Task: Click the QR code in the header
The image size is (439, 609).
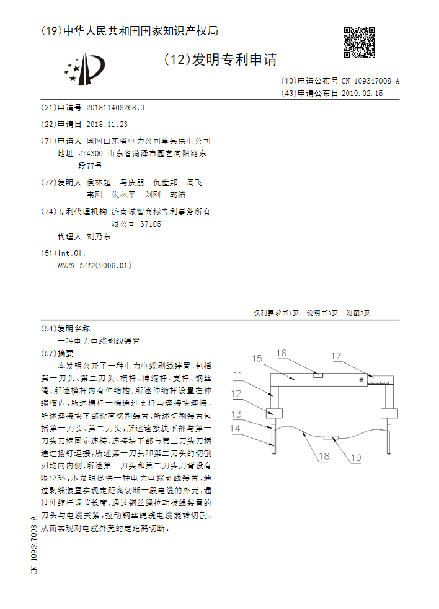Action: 359,42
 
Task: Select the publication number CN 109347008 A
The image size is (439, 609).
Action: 370,81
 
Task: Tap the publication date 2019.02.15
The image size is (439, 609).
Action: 362,94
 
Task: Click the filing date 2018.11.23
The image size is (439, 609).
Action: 107,124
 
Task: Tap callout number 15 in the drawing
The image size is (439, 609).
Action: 257,359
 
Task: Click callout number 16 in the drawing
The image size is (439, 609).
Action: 282,353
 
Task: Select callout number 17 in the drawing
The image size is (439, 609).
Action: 335,356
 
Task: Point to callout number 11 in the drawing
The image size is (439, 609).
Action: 239,375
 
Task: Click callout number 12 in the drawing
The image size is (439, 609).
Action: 237,393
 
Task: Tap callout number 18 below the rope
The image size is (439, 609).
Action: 324,457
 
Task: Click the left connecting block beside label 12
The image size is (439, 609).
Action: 273,413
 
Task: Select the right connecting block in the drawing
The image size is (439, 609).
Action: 389,413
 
